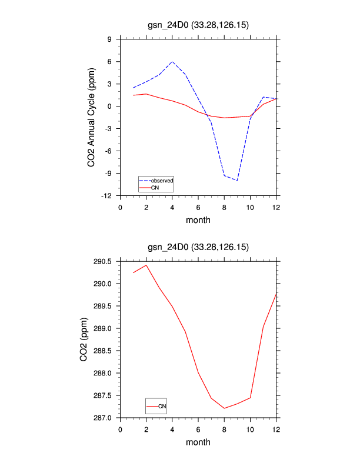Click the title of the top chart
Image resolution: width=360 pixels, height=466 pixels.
coord(198,25)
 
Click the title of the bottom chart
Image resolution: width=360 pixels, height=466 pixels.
coord(198,247)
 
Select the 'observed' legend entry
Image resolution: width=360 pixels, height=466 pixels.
coord(162,180)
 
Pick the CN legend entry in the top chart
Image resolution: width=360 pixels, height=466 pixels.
coord(155,188)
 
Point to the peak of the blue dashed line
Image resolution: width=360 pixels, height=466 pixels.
coord(172,61)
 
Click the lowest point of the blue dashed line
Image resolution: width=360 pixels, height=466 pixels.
coord(237,181)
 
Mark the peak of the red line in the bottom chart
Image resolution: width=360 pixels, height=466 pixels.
coord(146,265)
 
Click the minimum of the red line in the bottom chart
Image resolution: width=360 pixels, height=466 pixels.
coord(224,408)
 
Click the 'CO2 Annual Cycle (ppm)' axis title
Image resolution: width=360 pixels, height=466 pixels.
coord(92,117)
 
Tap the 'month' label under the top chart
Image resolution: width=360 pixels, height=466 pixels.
coord(198,220)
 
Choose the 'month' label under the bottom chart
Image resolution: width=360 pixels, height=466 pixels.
coord(198,442)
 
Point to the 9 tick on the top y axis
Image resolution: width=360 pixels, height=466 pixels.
coord(109,39)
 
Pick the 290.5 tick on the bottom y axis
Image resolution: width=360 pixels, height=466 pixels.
coord(103,261)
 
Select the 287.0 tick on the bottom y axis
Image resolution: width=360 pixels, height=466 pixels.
coord(103,418)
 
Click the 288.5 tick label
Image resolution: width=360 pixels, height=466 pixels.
coord(103,351)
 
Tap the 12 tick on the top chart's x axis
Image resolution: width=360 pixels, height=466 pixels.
coord(276,207)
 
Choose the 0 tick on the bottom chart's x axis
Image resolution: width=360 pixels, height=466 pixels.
coord(121,429)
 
